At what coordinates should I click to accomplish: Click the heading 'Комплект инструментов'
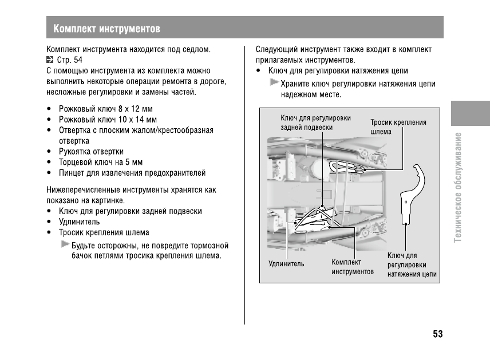tap(106, 29)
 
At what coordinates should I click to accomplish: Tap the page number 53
tap(438, 334)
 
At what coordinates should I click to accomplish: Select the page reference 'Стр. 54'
tap(70, 60)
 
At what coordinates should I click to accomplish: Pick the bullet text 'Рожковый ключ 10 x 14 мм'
tap(108, 120)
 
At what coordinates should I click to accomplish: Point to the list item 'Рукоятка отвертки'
tap(91, 152)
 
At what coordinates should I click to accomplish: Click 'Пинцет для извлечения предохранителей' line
tap(132, 173)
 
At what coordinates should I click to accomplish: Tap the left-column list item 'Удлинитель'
tap(79, 221)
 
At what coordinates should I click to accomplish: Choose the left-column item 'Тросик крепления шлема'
tap(104, 232)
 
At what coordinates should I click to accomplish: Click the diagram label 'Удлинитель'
tap(286, 264)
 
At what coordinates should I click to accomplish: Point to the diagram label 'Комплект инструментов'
tap(352, 267)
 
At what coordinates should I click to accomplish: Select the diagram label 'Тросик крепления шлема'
tap(398, 126)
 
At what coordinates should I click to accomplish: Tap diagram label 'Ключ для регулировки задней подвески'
tap(315, 122)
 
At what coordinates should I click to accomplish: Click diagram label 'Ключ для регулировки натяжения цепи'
tap(412, 265)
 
